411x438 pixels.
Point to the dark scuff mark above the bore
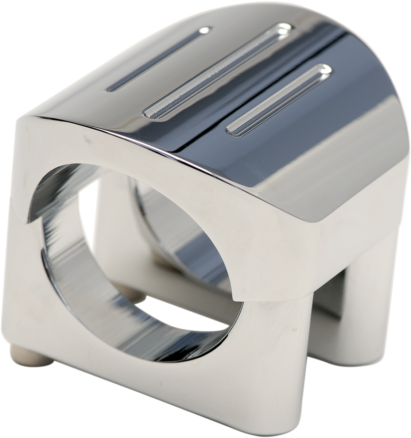86,139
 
